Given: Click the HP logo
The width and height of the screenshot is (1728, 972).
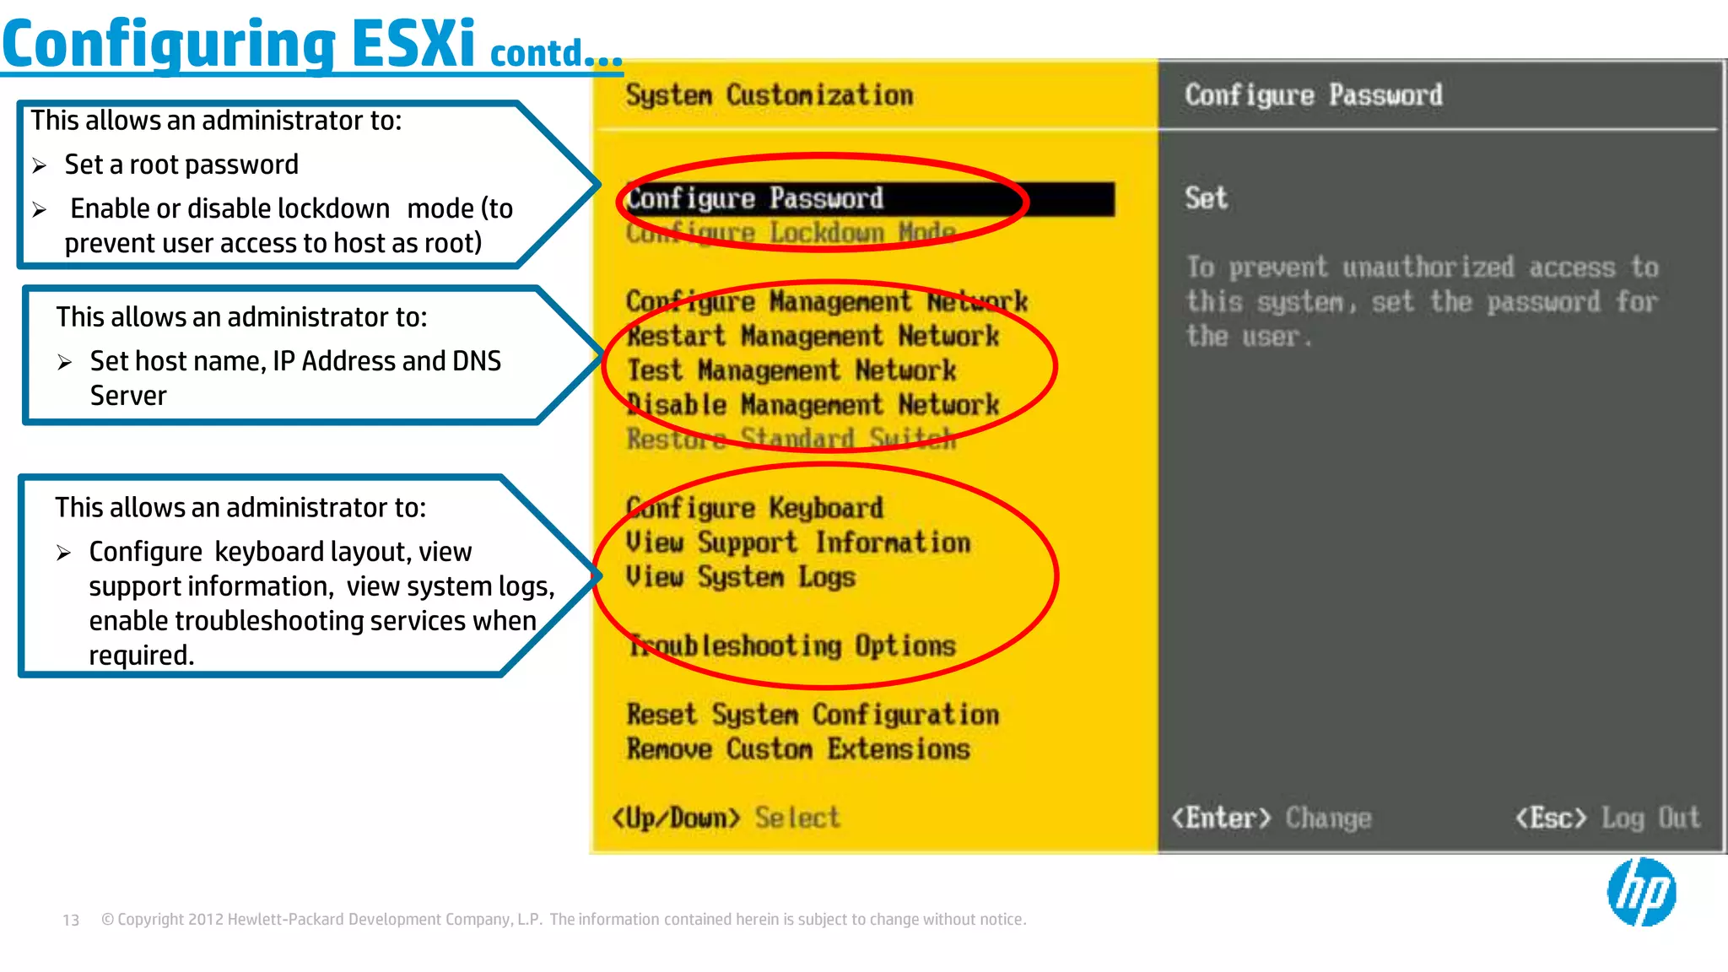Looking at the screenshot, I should click(x=1641, y=892).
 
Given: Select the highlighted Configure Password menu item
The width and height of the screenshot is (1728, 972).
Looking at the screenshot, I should click(x=755, y=199).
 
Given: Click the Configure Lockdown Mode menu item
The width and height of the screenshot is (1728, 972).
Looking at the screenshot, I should click(x=791, y=233).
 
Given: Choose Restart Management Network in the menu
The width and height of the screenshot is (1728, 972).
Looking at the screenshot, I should click(x=813, y=336).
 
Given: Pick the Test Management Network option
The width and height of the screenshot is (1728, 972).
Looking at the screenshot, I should click(x=791, y=370).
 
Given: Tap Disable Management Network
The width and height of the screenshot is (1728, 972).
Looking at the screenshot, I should click(x=813, y=405).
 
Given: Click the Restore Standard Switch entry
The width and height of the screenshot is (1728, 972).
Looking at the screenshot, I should click(x=791, y=439).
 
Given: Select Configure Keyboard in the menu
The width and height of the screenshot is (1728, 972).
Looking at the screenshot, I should click(x=754, y=508).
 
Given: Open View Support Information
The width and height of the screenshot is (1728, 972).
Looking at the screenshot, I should click(x=797, y=543).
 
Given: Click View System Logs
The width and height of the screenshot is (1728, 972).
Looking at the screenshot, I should click(x=740, y=577).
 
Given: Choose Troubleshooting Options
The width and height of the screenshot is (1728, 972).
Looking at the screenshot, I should click(x=791, y=646).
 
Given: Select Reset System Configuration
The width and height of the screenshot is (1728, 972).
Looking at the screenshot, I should click(x=813, y=715).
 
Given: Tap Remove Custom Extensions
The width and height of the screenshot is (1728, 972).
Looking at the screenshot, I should click(x=797, y=749).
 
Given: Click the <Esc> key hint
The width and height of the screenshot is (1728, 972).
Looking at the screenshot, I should click(x=1550, y=818).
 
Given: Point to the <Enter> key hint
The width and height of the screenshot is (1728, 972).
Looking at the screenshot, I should click(x=1220, y=818).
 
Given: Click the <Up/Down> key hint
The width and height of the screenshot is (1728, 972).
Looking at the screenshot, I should click(x=676, y=818).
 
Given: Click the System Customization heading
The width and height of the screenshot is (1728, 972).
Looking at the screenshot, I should click(x=769, y=94).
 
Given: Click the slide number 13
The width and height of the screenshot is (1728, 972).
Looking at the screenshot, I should click(x=71, y=920).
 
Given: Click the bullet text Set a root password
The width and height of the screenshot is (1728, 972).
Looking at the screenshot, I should click(x=181, y=165).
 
